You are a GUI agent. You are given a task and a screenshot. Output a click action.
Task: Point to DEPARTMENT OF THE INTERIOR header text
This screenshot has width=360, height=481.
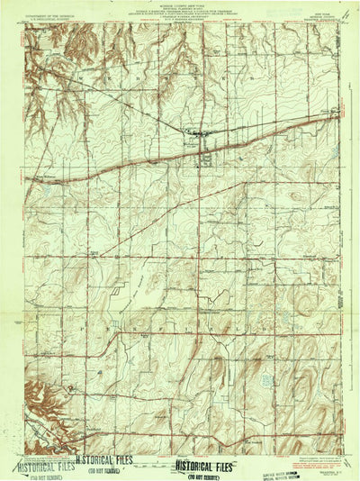[x=47, y=16]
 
